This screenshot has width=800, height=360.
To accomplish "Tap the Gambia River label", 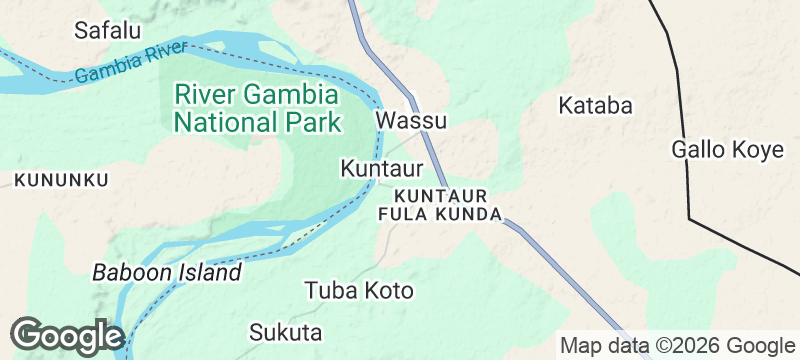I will coord(131,62).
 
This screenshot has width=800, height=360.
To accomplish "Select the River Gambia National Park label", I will coord(257,109).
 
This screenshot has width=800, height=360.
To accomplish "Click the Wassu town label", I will coord(411,121).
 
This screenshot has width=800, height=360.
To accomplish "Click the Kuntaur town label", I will coord(381,168).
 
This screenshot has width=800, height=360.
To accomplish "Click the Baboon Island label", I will coord(167,272).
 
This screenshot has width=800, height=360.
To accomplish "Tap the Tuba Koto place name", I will coord(358,291).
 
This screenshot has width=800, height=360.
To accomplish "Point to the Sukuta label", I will coord(286,332).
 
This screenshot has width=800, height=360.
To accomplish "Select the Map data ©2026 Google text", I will coord(676,346).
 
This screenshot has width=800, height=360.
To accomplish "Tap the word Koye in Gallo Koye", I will coord(758,150).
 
